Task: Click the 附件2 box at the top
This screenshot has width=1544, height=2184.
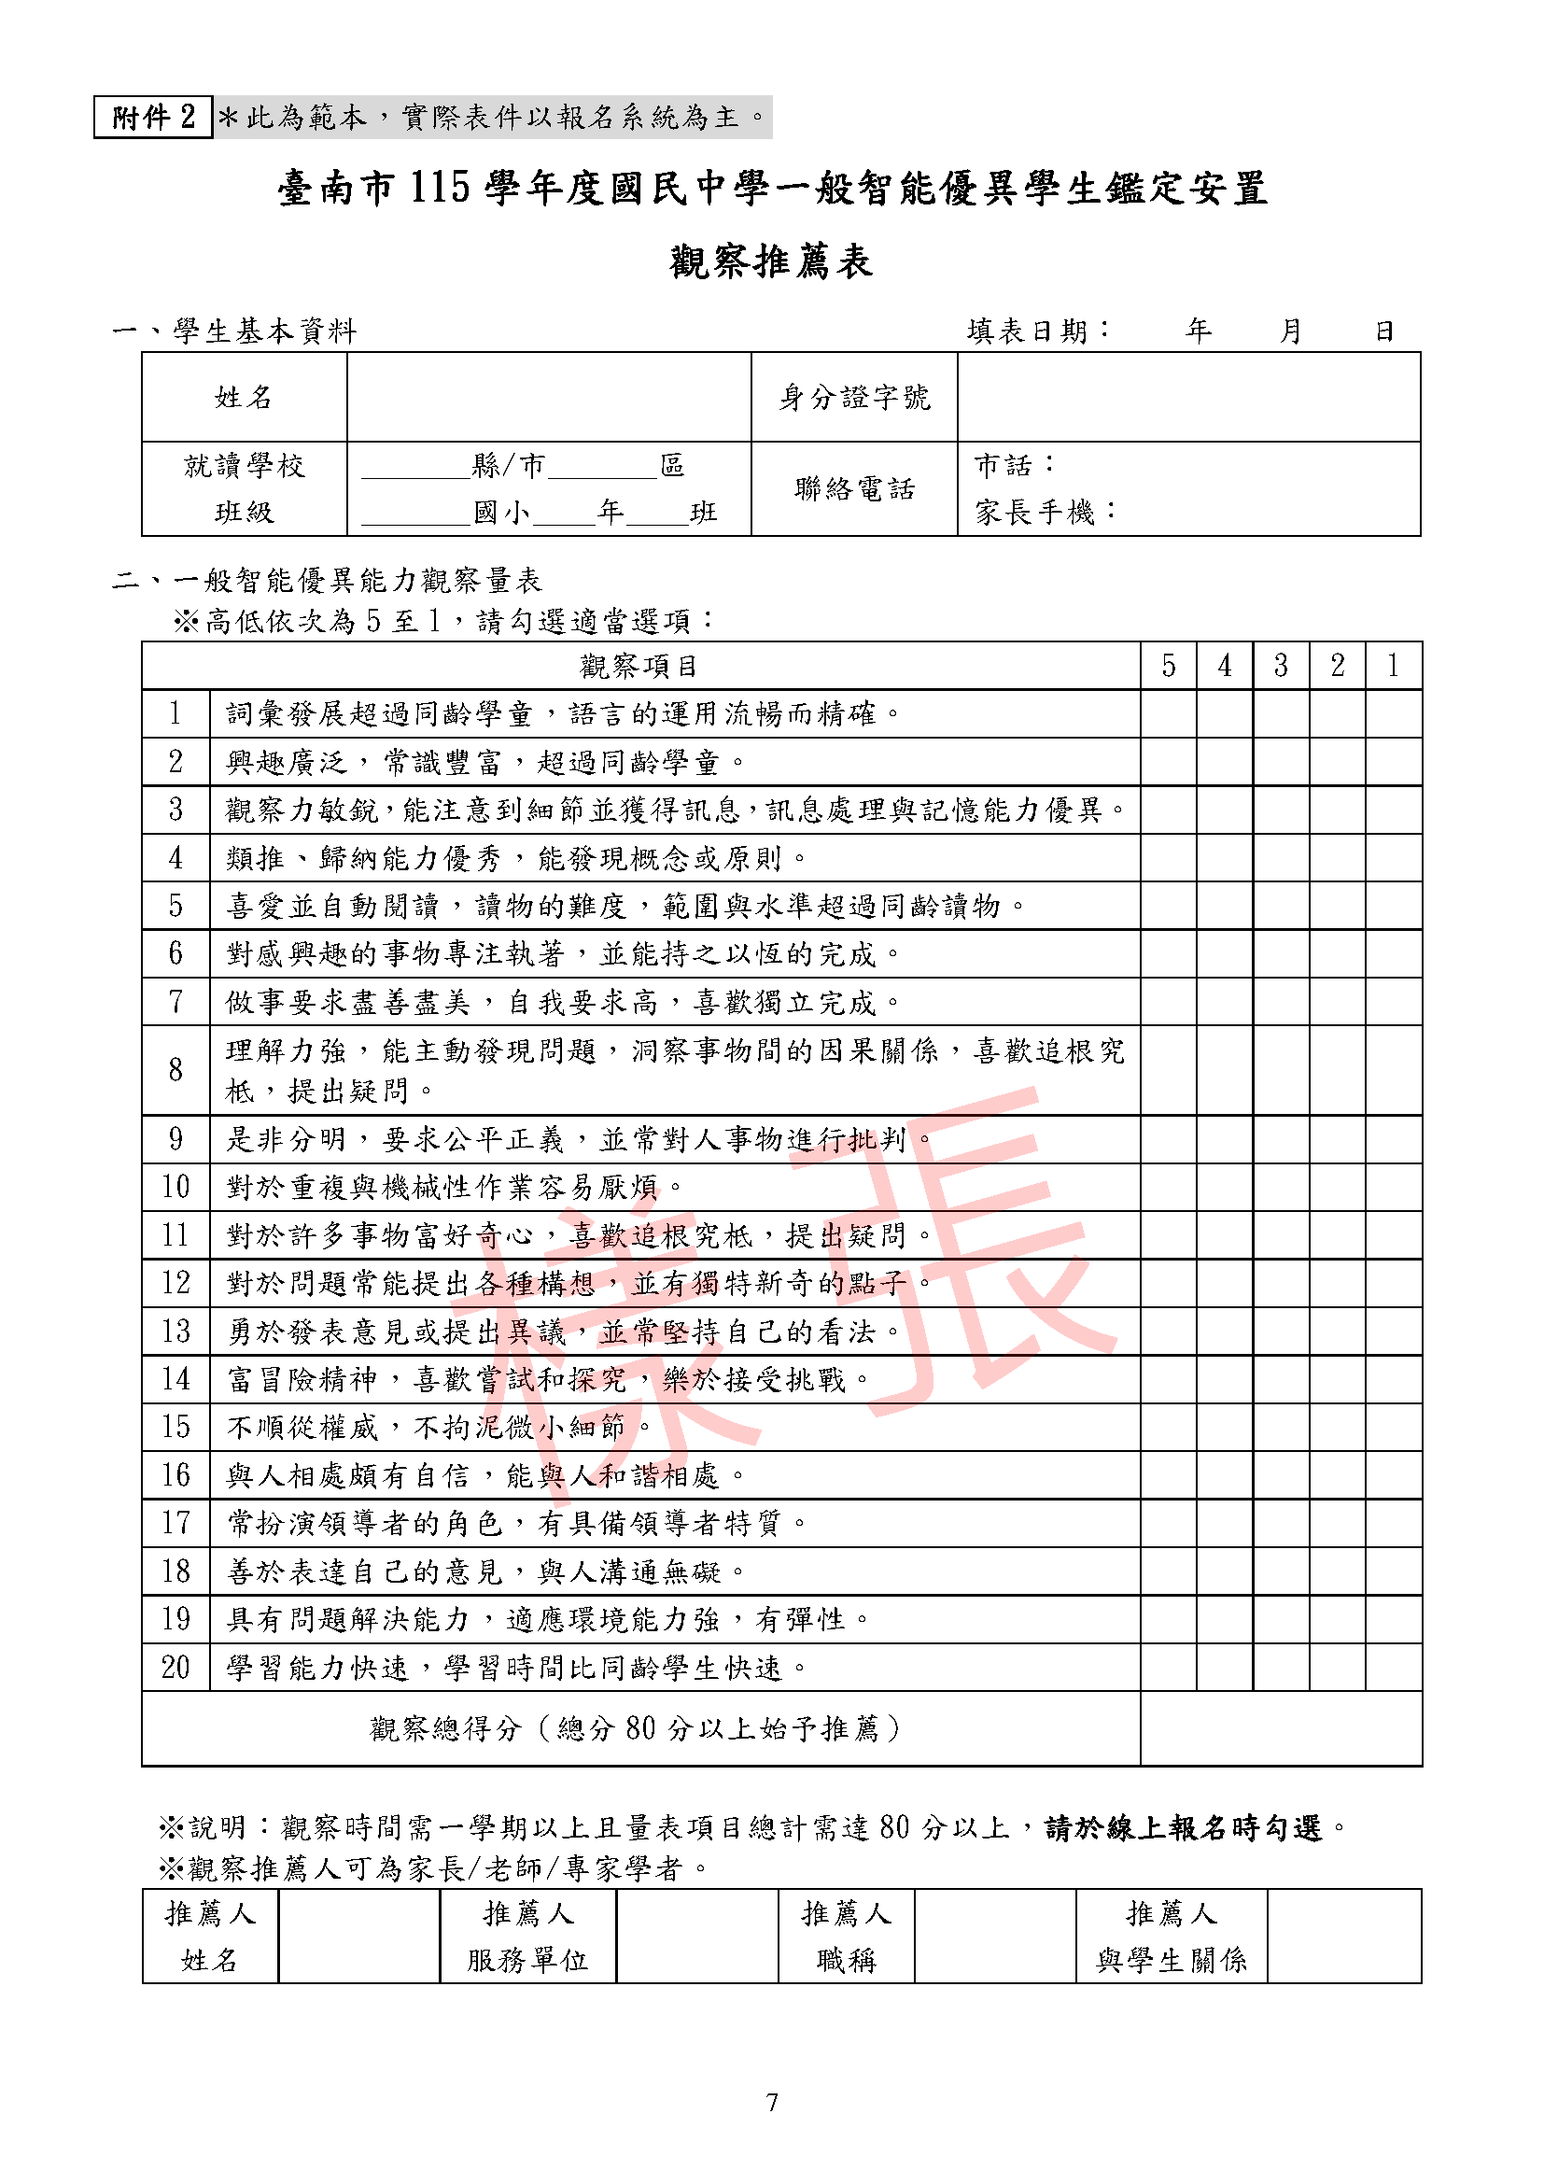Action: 152,117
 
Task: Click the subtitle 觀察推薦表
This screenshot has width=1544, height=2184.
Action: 771,261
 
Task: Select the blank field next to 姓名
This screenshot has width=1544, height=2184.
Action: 549,397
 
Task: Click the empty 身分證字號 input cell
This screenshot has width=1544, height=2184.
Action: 1188,397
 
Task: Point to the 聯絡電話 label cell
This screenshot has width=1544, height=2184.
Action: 854,489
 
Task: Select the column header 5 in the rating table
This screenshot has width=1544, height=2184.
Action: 1169,666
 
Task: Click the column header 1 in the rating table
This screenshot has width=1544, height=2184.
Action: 1393,666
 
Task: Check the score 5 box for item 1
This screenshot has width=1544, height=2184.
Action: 1169,713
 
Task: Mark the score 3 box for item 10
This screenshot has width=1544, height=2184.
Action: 1281,1187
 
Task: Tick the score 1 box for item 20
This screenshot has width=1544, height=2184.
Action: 1393,1667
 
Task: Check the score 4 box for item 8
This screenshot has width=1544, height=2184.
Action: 1225,1070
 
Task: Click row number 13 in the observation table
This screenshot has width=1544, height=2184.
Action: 175,1331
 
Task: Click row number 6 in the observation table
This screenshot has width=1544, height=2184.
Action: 175,953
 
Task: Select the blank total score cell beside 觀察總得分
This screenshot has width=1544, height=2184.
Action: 1281,1728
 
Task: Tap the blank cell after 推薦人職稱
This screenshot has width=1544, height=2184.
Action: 994,1936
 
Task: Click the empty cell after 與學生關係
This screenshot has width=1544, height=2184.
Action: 1344,1936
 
